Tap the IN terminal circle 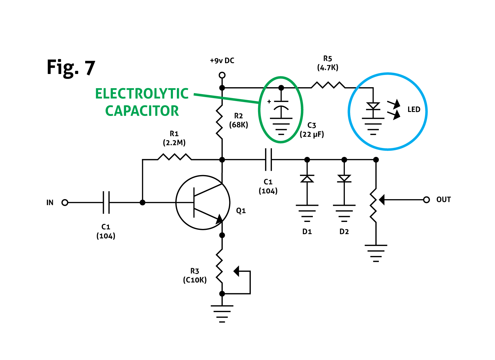pyautogui.click(x=65, y=202)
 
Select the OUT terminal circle pyautogui.click(x=426, y=200)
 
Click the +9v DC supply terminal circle pyautogui.click(x=222, y=75)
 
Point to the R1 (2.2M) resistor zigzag pyautogui.click(x=175, y=157)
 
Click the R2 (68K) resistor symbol pyautogui.click(x=219, y=122)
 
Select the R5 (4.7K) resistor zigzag pyautogui.click(x=328, y=85)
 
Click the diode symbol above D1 pyautogui.click(x=307, y=178)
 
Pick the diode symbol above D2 pyautogui.click(x=344, y=178)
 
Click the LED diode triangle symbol pyautogui.click(x=373, y=106)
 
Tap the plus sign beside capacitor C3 pyautogui.click(x=269, y=101)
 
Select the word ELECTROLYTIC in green pyautogui.click(x=142, y=93)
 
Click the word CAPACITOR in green pyautogui.click(x=142, y=111)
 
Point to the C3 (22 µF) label pyautogui.click(x=312, y=130)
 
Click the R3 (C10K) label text pyautogui.click(x=195, y=275)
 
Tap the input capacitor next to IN pyautogui.click(x=106, y=202)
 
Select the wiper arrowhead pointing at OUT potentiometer pyautogui.click(x=381, y=200)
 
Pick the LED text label pyautogui.click(x=414, y=109)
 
